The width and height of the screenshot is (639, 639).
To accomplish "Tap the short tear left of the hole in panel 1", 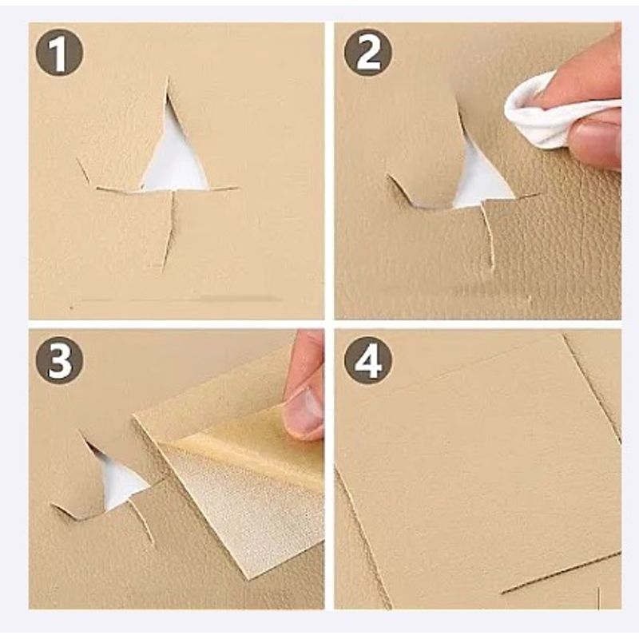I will [83, 169].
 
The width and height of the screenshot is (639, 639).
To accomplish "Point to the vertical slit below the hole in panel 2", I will [488, 236].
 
